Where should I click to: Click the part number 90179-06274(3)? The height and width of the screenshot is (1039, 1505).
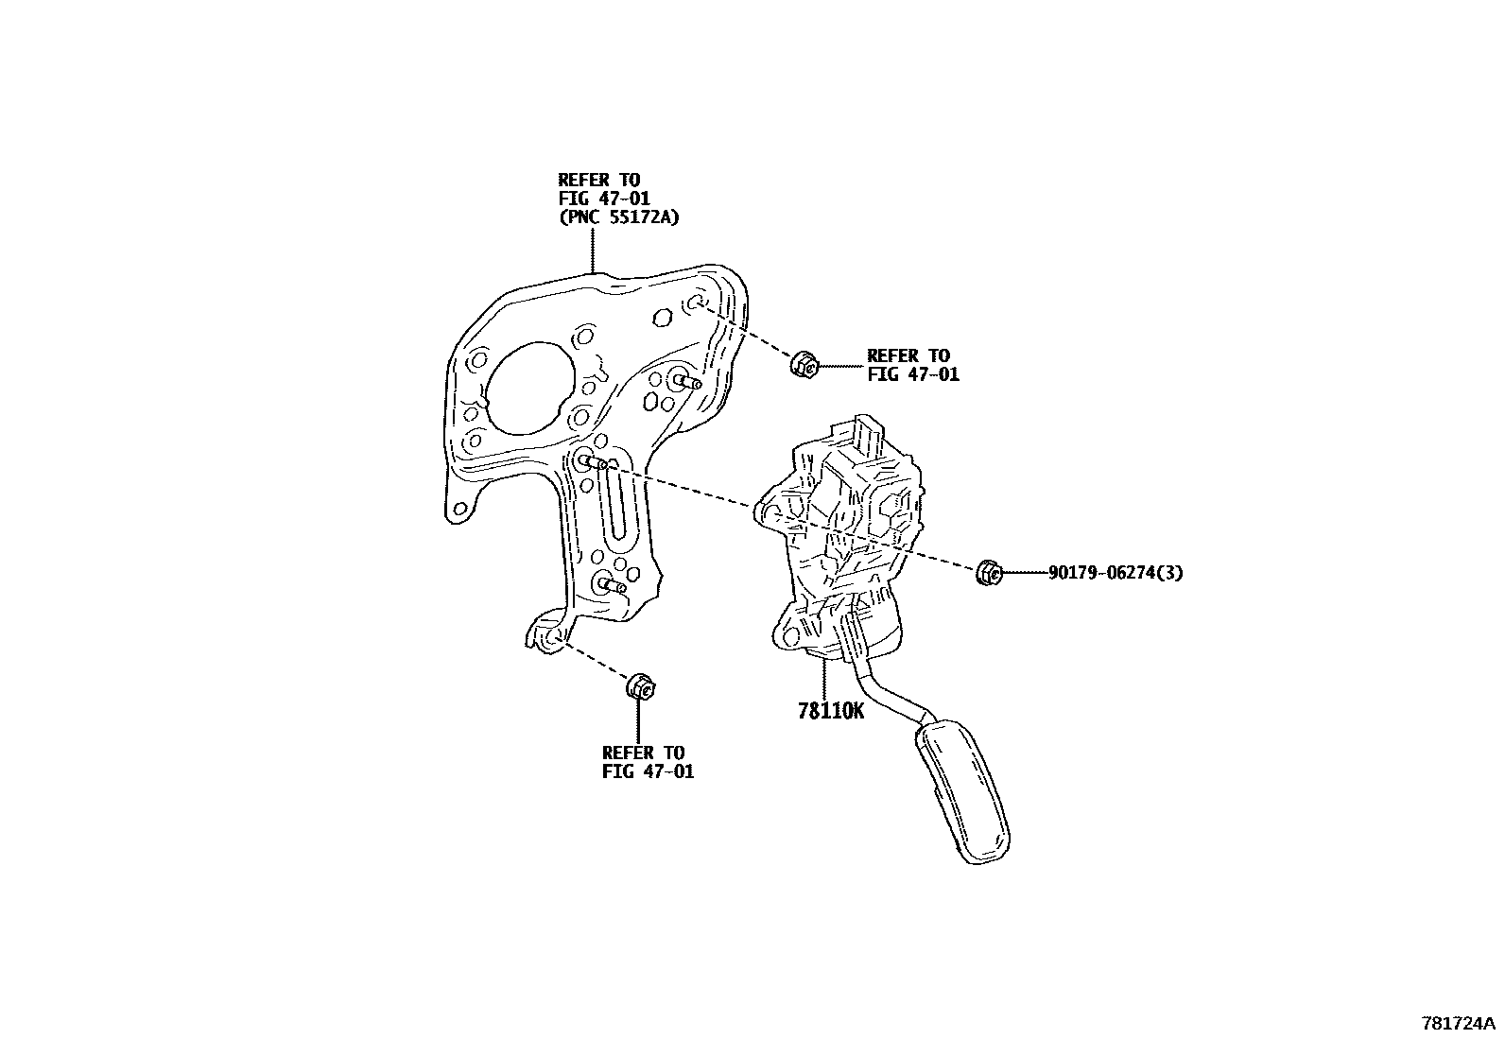click(x=1115, y=572)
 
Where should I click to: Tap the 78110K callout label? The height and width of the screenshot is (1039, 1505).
click(x=831, y=710)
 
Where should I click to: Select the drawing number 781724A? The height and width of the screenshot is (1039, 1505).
click(x=1459, y=1023)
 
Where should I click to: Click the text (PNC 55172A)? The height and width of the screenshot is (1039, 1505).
click(x=618, y=216)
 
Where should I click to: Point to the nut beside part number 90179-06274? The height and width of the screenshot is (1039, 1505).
click(x=988, y=572)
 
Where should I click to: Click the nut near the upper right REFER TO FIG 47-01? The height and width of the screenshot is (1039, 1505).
click(x=804, y=364)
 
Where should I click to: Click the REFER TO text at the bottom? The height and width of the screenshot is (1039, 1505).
click(x=643, y=753)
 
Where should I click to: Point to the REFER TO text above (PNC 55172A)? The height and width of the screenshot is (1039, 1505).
click(x=598, y=180)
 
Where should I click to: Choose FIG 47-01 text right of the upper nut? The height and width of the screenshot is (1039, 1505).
click(x=913, y=374)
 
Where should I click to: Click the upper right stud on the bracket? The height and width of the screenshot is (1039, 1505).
click(x=687, y=382)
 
